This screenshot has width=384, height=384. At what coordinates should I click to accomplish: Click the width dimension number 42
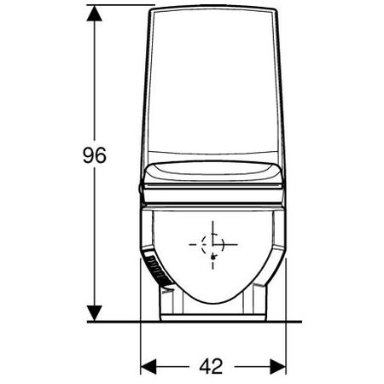(x=212, y=365)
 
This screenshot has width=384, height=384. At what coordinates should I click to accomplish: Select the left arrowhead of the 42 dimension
(x=148, y=365)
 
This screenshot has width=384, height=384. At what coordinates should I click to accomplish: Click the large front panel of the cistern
(x=213, y=85)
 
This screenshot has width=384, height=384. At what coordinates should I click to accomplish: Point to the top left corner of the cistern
(x=151, y=9)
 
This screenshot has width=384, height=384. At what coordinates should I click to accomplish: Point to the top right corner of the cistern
(x=275, y=9)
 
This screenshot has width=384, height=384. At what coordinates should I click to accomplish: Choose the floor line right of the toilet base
(x=294, y=322)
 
